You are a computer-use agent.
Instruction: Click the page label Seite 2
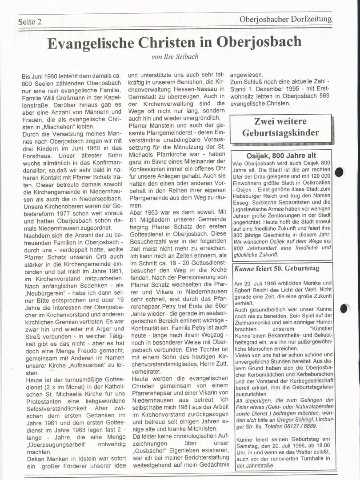click(30, 22)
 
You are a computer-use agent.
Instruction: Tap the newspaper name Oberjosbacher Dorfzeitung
click(285, 19)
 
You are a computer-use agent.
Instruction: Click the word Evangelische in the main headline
click(90, 43)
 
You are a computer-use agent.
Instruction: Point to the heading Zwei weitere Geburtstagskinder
click(280, 127)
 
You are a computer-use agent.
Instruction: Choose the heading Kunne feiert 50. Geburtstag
click(276, 268)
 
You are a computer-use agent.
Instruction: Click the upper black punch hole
click(340, 172)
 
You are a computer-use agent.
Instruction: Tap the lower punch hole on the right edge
click(344, 308)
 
